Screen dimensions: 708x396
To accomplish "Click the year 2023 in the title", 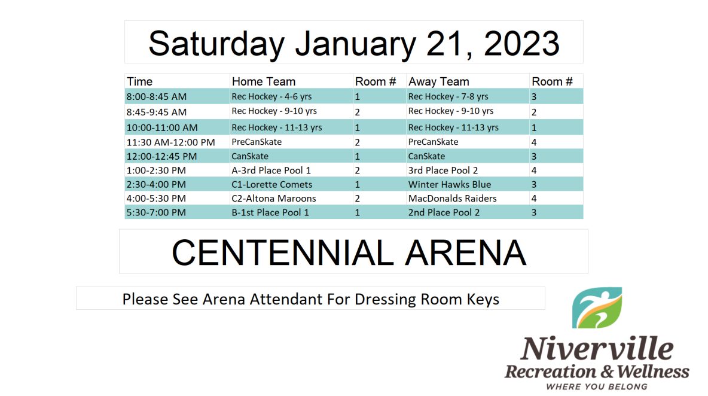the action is point(521,43).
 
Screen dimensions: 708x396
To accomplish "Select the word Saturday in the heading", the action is point(216,43).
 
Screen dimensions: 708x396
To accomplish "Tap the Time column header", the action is point(139,81).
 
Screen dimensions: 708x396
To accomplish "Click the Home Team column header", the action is point(264,81).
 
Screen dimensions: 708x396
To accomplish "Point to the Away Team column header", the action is point(439,81).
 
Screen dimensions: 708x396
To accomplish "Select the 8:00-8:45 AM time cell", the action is point(156,97).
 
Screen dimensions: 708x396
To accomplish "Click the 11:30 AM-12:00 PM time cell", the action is point(170,142).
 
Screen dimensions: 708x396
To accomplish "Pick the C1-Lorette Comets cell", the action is point(272,184).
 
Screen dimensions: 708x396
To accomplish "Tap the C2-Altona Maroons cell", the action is point(274,198).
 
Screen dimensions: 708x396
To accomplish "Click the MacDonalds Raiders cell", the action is point(453,198).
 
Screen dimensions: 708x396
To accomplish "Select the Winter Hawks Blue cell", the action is point(450,184).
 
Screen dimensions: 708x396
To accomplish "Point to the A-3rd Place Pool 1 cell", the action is point(271,170).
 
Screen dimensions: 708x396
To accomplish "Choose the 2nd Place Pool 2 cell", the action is point(444,212).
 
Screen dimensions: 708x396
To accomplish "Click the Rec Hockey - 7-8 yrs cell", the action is point(448,97).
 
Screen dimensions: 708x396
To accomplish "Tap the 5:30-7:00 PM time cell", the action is point(156,212).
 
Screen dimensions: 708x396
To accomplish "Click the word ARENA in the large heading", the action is point(466,252).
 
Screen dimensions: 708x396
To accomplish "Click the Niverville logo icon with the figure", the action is point(597,307).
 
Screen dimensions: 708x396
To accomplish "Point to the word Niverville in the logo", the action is point(597,349).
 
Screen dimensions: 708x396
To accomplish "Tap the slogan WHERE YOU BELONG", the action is point(597,386).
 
